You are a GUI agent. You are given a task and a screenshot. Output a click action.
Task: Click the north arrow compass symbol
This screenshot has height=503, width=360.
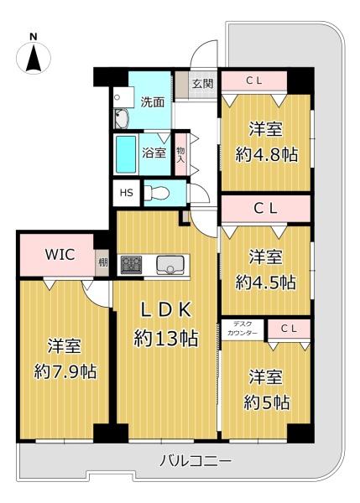(34, 58)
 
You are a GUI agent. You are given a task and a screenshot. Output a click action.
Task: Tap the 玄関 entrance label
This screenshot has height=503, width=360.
(202, 84)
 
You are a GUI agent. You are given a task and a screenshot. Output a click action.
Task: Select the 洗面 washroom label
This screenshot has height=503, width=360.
(153, 102)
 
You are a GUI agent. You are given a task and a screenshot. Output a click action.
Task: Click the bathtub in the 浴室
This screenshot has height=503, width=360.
(126, 154)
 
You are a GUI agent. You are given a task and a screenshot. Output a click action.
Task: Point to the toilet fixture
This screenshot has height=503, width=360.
(156, 193)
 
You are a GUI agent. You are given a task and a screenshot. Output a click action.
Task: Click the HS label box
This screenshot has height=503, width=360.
(126, 193)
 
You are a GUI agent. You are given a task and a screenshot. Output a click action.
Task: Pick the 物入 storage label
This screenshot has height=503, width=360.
(180, 154)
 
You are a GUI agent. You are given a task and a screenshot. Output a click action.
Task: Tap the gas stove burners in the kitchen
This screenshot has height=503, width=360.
(131, 265)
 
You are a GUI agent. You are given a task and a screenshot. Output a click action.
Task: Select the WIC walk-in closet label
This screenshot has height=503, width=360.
(60, 254)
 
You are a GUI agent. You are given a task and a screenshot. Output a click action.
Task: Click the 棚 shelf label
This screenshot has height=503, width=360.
(102, 262)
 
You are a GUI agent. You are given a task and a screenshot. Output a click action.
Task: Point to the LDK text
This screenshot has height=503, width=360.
(166, 310)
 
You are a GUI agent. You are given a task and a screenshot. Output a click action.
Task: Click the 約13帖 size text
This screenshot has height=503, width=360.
(165, 338)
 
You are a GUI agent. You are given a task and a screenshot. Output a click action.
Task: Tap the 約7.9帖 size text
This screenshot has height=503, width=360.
(65, 371)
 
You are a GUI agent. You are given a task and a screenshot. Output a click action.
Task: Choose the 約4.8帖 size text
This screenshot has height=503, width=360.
(267, 155)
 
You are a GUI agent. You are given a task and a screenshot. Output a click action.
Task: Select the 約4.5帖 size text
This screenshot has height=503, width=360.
(265, 283)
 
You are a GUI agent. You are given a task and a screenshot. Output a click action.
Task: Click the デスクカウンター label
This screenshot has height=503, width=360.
(243, 329)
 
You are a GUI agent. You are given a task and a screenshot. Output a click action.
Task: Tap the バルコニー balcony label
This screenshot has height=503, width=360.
(196, 461)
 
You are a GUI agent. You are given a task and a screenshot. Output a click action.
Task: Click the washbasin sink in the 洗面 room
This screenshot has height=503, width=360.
(122, 118)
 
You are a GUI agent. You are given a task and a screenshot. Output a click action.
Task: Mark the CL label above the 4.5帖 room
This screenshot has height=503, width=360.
(265, 209)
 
